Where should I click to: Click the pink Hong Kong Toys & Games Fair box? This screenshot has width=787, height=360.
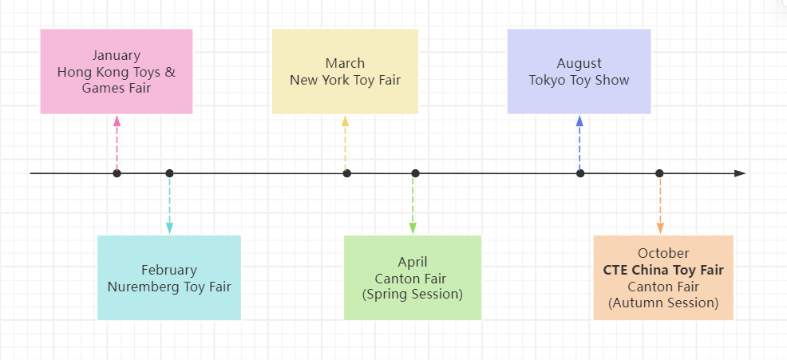[117, 71]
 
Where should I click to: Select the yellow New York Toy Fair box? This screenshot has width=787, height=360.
[345, 71]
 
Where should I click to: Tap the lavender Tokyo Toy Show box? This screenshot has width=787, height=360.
[579, 71]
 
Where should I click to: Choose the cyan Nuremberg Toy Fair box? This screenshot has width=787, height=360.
[169, 277]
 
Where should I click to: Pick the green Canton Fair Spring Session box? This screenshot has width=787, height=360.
[413, 277]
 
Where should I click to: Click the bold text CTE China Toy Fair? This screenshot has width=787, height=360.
[663, 270]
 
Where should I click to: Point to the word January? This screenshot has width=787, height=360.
[117, 55]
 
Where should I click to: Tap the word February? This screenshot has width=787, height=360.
[169, 270]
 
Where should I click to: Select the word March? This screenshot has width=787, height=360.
[345, 63]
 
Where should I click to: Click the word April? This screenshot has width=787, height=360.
[413, 262]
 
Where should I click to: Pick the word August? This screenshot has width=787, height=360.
[579, 63]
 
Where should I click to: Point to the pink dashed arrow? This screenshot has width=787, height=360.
[117, 144]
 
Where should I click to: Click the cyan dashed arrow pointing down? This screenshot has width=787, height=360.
[169, 204]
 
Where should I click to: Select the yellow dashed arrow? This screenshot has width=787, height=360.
[345, 144]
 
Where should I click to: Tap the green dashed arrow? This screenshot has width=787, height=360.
[413, 204]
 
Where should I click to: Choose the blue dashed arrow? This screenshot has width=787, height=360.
[579, 144]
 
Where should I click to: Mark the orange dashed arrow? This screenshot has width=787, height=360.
[660, 204]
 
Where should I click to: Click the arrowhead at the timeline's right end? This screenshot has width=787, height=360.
[740, 173]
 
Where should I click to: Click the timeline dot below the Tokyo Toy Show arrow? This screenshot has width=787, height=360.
[580, 173]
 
